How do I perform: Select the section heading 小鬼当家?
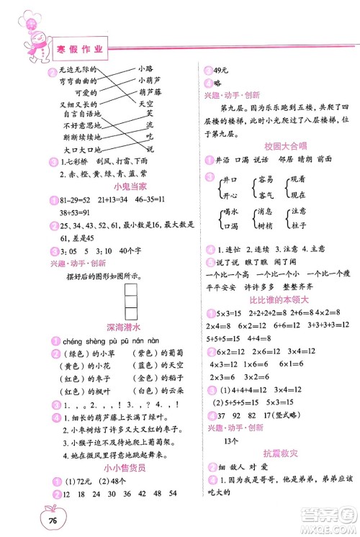click(112, 184)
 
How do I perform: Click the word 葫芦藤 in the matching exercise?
click(148, 92)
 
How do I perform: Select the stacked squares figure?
click(132, 302)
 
